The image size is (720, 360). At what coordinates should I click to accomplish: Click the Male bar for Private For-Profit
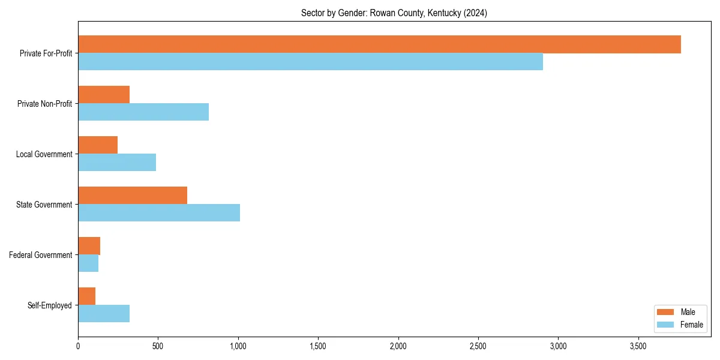click(x=379, y=44)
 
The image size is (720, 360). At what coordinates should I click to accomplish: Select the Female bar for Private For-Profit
click(x=310, y=62)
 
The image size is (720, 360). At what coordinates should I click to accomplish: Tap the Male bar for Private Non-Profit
click(x=104, y=95)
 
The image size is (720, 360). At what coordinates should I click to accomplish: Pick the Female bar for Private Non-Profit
click(x=143, y=112)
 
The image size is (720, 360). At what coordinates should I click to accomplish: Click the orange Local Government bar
click(x=98, y=145)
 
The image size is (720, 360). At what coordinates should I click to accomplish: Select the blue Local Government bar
click(x=117, y=163)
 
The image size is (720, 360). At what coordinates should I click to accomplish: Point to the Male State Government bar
click(x=133, y=196)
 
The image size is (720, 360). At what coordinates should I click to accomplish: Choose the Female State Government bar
click(x=159, y=213)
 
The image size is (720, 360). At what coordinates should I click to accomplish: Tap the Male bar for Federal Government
click(x=89, y=246)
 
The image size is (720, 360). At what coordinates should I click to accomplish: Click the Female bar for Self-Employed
click(x=104, y=314)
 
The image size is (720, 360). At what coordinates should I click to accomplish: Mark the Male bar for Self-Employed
click(x=86, y=296)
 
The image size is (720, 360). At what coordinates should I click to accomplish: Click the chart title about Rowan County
click(x=394, y=13)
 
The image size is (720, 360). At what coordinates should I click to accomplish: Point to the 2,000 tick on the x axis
click(x=398, y=347)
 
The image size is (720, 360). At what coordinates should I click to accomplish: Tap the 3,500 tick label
click(x=638, y=347)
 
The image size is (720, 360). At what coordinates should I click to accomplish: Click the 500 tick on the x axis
click(x=158, y=347)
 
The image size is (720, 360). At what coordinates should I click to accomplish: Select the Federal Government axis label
click(x=41, y=255)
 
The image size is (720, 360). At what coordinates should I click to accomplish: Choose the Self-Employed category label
click(x=50, y=305)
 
